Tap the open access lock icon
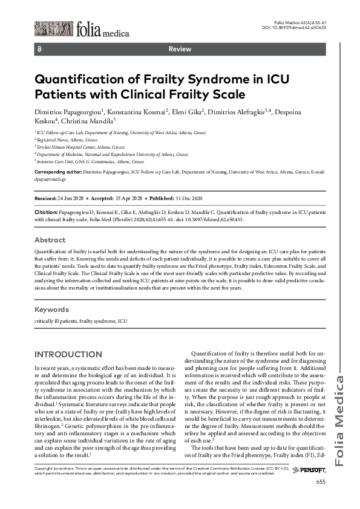(39, 49)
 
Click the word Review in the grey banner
(180, 49)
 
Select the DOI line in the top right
(293, 27)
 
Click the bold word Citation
(45, 213)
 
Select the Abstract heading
(50, 240)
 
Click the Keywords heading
(52, 309)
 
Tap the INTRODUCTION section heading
(68, 354)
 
